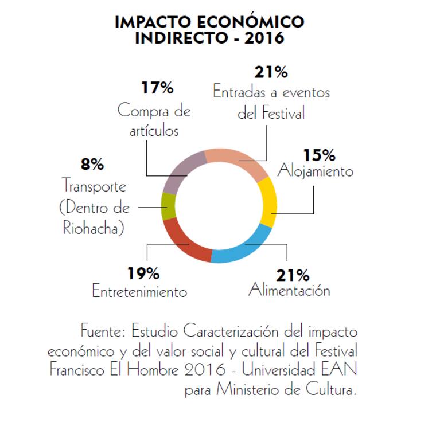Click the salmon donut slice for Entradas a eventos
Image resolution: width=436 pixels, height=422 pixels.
[x=235, y=158]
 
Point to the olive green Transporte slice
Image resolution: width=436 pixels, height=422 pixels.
[x=168, y=206]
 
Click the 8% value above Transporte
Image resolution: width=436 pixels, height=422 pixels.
[x=92, y=165]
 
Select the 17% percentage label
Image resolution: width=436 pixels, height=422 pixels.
[x=157, y=88]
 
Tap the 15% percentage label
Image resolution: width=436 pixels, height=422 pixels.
[x=319, y=155]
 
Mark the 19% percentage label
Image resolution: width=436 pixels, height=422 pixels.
[x=143, y=272]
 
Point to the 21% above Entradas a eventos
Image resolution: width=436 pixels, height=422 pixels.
[x=270, y=73]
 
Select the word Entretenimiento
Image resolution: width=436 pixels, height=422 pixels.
[x=139, y=291]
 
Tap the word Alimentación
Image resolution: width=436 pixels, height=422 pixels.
[x=289, y=290]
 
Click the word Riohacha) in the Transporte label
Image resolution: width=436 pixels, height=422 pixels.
[x=94, y=228]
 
